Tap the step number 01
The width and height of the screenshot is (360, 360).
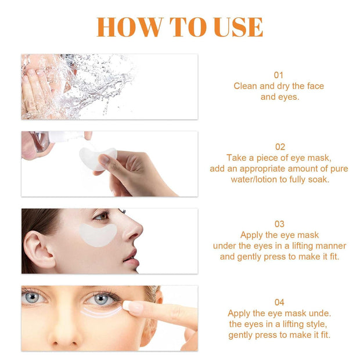point(279,75)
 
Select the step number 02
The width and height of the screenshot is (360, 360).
point(279,147)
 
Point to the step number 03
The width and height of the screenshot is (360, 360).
point(279,224)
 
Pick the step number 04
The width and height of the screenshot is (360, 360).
point(279,302)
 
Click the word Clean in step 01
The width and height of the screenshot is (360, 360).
point(245,86)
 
